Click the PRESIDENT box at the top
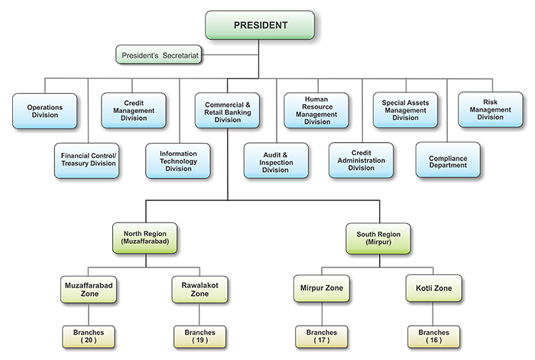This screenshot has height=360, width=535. click(x=260, y=25)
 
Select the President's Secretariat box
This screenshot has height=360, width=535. click(x=160, y=55)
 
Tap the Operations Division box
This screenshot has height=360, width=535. click(x=44, y=110)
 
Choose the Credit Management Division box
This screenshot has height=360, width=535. click(x=138, y=110)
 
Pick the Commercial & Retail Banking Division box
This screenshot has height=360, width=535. click(x=227, y=110)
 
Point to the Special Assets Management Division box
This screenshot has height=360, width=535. click(x=406, y=110)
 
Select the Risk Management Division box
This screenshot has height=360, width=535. click(x=491, y=110)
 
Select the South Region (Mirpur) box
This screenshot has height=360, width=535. click(x=378, y=238)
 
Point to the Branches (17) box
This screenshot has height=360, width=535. click(x=322, y=337)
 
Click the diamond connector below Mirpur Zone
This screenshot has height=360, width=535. click(x=322, y=315)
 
